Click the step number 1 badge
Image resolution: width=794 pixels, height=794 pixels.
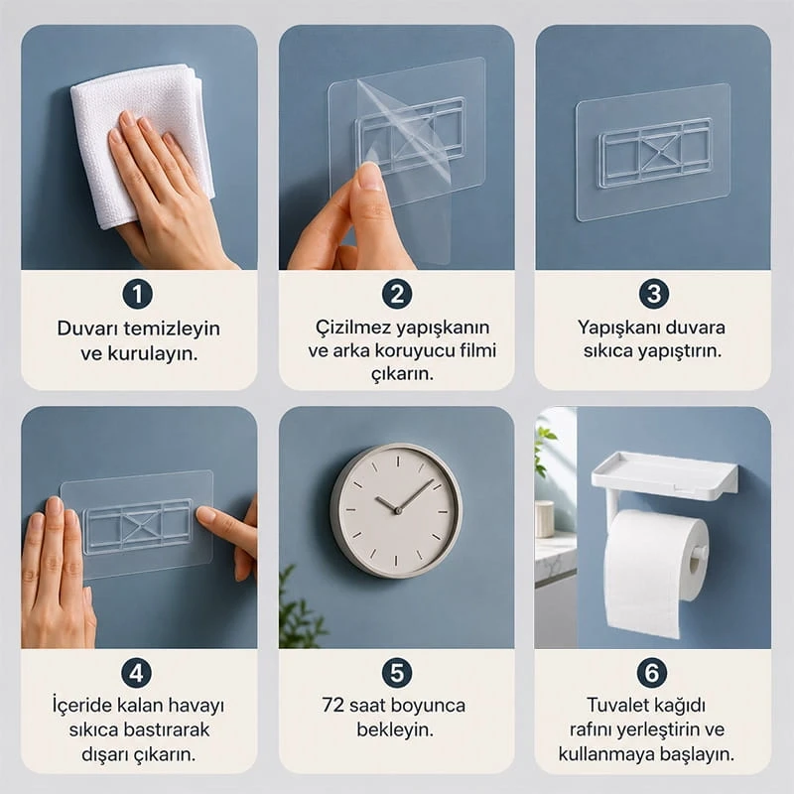pos(137,294)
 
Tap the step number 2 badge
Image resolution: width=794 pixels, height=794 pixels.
pos(397,294)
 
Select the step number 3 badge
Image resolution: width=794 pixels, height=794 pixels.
pos(653,294)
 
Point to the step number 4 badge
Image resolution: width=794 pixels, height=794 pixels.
pos(137,673)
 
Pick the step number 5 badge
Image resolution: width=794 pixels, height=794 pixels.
pos(397,673)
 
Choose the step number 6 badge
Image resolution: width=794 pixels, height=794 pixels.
pos(652,673)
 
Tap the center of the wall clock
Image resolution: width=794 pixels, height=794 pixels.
pos(398,510)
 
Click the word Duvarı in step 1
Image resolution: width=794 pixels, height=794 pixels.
pos(87,329)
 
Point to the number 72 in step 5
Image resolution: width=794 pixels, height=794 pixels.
pos(333,706)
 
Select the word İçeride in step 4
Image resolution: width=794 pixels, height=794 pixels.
pos(82,705)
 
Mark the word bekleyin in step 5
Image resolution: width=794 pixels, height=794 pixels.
pos(395,730)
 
